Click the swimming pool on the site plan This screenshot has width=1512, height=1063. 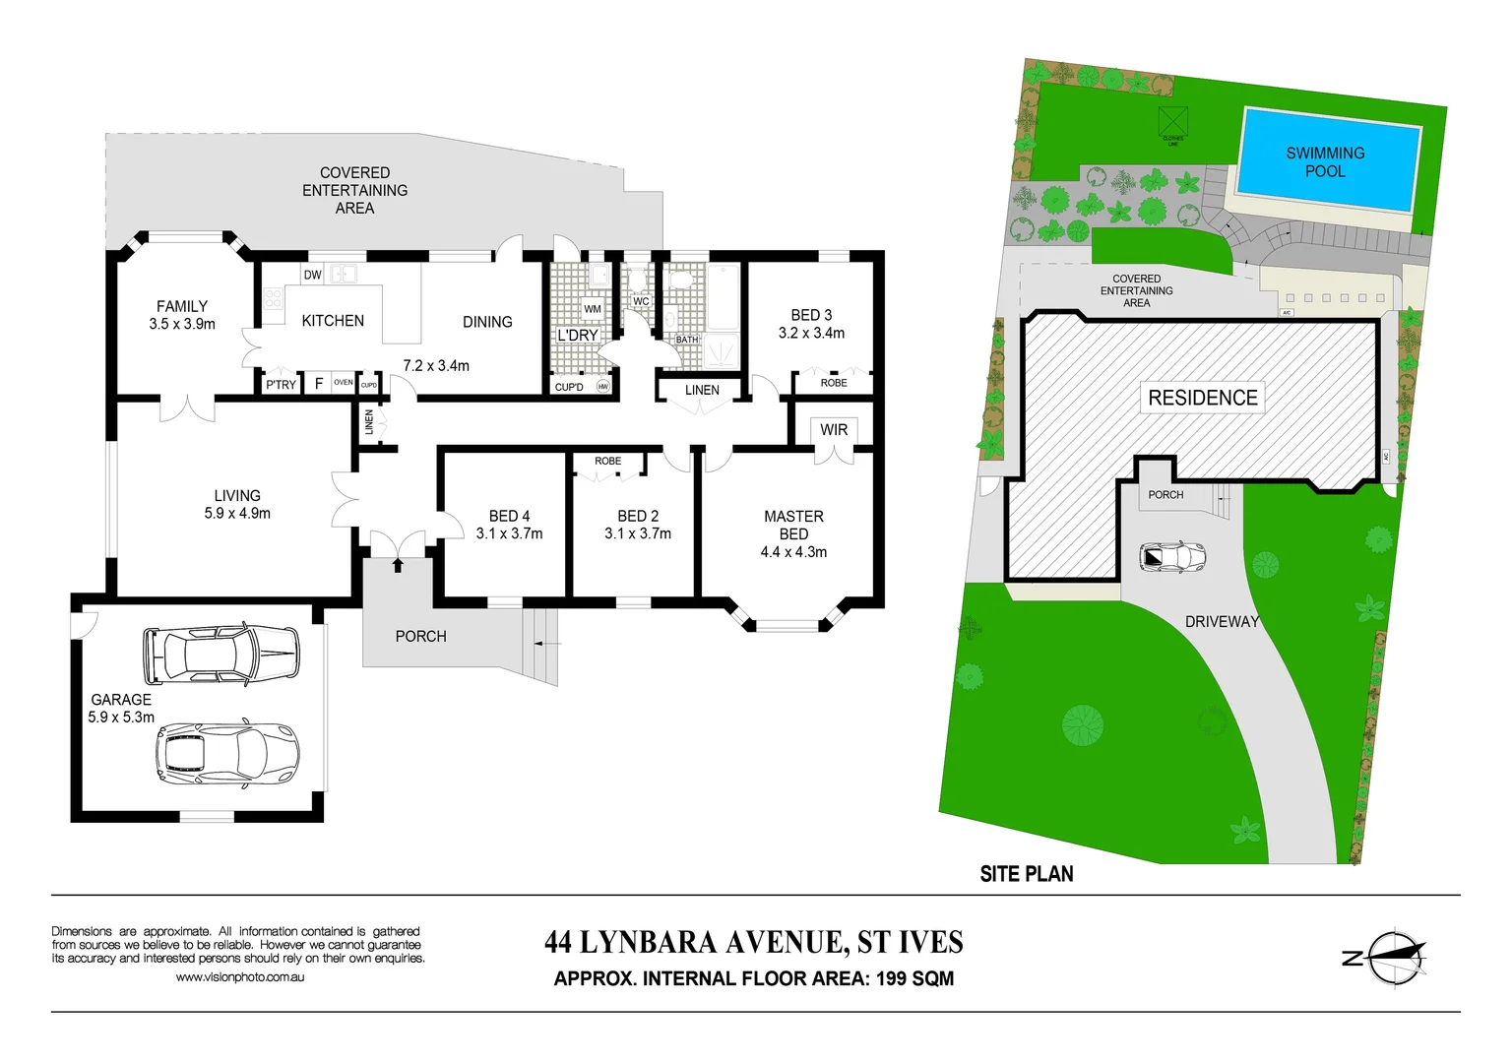[x=1326, y=161]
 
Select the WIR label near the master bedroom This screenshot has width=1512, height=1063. [x=834, y=430]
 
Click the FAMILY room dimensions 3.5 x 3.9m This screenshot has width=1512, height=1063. [x=182, y=324]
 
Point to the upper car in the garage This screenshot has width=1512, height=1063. [x=220, y=654]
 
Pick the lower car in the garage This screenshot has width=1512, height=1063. [x=226, y=754]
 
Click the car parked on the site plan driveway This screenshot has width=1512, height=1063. [x=1172, y=557]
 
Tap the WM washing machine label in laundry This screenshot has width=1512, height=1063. [x=593, y=309]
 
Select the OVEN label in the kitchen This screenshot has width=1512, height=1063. [x=343, y=383]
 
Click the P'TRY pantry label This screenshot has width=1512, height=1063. [x=281, y=385]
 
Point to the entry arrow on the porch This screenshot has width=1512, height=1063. [x=398, y=564]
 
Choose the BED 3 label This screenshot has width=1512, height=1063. [x=811, y=315]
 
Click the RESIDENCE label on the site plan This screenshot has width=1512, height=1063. [x=1203, y=398]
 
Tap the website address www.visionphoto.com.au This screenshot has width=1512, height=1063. [x=240, y=977]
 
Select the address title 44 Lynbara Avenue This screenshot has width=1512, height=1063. [x=753, y=943]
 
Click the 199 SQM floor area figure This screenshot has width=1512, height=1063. [x=914, y=979]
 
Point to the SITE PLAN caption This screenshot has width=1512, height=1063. [x=1027, y=874]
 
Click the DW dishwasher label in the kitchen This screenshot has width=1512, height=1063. [x=312, y=276]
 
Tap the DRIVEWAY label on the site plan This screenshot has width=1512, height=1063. [x=1222, y=622]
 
